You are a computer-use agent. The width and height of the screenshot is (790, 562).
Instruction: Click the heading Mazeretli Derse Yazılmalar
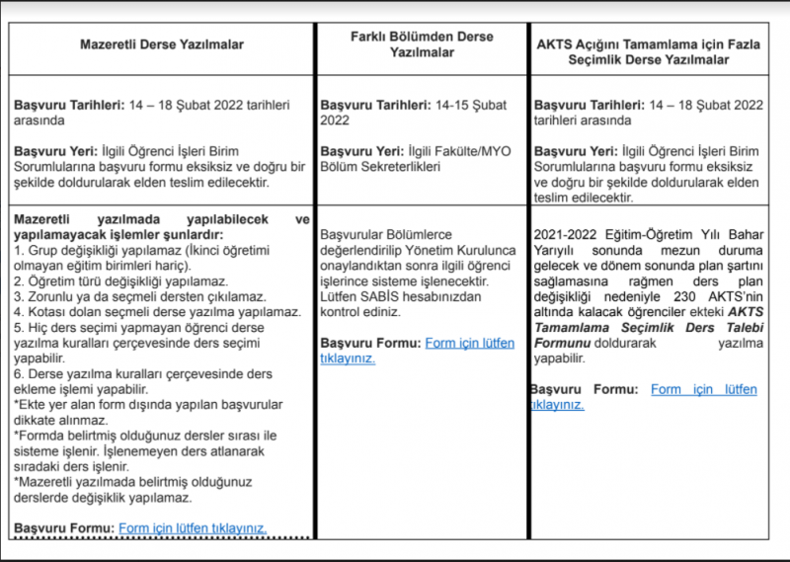click(x=162, y=44)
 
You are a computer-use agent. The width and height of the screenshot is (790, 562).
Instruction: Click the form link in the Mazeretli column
click(x=193, y=528)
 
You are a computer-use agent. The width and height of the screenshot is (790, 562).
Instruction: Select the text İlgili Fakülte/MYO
click(x=460, y=150)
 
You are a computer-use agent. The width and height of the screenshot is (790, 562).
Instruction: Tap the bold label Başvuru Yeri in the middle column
click(x=360, y=150)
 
